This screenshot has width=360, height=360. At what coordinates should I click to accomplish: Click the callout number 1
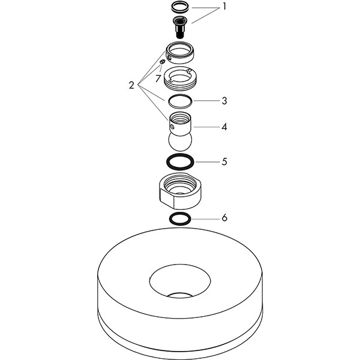224,7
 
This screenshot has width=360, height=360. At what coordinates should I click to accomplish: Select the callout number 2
131,85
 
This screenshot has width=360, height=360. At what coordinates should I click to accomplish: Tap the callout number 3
224,101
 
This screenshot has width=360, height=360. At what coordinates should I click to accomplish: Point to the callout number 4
224,127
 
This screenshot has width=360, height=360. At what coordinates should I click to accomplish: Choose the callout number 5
224,161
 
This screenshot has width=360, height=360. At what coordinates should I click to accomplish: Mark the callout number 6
224,218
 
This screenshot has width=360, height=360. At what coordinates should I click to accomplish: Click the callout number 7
158,79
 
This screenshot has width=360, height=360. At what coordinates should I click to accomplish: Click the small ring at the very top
180,7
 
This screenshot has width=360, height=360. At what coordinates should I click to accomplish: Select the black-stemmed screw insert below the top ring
180,27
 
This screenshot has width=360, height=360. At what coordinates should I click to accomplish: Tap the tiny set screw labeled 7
163,62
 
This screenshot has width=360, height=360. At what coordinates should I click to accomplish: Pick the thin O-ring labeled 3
180,101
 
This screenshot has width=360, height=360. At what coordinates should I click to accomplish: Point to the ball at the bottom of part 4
180,142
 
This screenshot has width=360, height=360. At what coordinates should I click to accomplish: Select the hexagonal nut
180,191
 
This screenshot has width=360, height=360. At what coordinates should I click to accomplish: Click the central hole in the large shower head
180,281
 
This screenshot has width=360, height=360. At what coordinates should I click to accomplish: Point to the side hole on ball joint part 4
172,126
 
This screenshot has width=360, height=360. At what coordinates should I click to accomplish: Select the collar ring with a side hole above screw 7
180,53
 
